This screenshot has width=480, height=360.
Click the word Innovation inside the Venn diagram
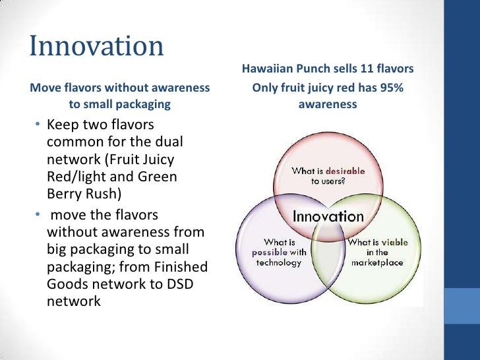coord(328,216)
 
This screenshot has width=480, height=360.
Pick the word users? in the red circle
coord(335,180)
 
